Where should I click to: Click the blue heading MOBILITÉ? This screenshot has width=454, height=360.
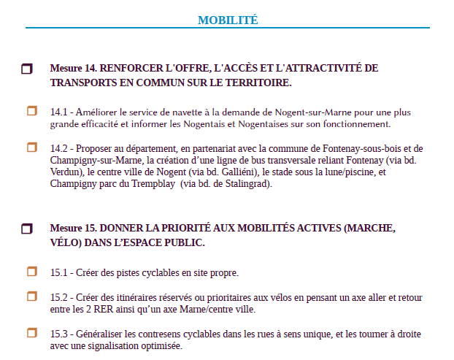pyautogui.click(x=228, y=20)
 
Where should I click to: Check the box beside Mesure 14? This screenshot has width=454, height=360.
pyautogui.click(x=27, y=69)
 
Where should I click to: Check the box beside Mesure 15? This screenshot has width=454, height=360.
pyautogui.click(x=27, y=229)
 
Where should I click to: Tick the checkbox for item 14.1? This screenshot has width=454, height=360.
pyautogui.click(x=32, y=111)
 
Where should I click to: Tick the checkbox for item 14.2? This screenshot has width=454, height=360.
pyautogui.click(x=32, y=147)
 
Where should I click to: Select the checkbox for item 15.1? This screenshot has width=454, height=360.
pyautogui.click(x=32, y=272)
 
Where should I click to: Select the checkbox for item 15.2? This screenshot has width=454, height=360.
pyautogui.click(x=32, y=296)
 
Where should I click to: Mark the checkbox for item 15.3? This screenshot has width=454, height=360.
pyautogui.click(x=32, y=333)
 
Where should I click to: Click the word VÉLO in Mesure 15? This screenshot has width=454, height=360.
pyautogui.click(x=65, y=242)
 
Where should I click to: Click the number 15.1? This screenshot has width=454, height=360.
pyautogui.click(x=58, y=273)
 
